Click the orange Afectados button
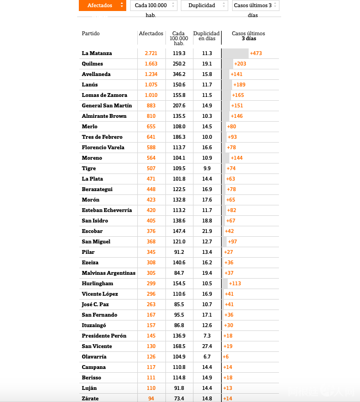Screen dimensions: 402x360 [103, 6]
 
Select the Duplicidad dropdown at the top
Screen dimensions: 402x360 [204, 6]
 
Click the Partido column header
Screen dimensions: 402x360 [91, 34]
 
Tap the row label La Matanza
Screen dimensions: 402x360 [97, 53]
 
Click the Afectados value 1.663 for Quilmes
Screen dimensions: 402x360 [151, 64]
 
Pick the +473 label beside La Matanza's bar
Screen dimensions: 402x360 [256, 53]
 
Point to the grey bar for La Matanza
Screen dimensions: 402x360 [235, 53]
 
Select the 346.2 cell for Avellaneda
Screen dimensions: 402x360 [179, 74]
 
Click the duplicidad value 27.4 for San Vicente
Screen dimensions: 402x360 [207, 346]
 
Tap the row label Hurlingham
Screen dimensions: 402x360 [98, 284]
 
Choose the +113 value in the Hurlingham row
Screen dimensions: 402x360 [235, 284]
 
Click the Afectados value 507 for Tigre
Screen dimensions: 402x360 [151, 169]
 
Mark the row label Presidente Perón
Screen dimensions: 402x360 [104, 336]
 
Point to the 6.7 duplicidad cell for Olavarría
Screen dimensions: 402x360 [207, 357]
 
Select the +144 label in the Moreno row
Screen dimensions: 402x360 [237, 158]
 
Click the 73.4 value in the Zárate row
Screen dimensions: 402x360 [179, 398]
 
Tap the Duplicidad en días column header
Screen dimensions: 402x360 [207, 36]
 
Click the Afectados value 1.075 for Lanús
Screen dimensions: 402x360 [151, 85]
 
